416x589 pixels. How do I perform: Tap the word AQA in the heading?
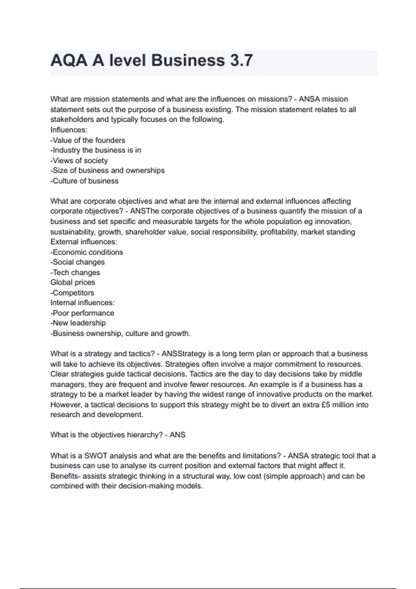click(69, 60)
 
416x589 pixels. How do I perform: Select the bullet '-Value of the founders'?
click(88, 140)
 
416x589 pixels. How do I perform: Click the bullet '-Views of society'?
click(79, 160)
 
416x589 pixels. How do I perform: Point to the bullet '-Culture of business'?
click(84, 181)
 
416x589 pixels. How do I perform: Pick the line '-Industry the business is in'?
click(96, 150)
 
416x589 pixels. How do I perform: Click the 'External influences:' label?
click(84, 242)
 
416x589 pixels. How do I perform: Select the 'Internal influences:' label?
click(82, 302)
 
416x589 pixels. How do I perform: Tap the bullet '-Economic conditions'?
click(87, 252)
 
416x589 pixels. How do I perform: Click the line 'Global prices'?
click(72, 282)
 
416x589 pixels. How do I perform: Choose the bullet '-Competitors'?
click(72, 293)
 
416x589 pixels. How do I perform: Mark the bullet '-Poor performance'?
click(82, 313)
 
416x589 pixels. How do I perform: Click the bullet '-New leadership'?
click(78, 323)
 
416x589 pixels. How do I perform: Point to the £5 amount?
click(326, 405)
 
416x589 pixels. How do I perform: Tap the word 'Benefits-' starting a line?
click(65, 476)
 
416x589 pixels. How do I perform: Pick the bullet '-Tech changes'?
click(75, 272)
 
